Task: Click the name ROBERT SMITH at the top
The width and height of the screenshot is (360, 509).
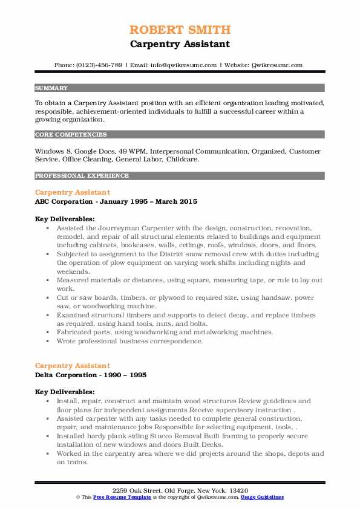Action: tap(180, 30)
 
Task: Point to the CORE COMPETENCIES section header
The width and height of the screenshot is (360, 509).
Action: tap(71, 135)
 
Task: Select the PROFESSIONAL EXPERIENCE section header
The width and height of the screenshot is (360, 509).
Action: tap(82, 176)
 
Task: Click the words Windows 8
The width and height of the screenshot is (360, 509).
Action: tap(53, 151)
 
